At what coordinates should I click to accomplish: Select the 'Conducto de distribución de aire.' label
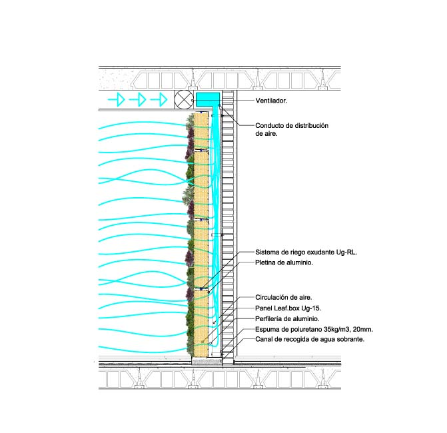292,129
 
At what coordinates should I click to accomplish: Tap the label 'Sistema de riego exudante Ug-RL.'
306,252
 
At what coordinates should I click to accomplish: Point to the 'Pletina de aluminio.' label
284,263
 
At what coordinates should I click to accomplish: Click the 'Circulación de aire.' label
284,297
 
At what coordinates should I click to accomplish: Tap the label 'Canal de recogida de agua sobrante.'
310,340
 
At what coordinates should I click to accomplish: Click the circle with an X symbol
183,100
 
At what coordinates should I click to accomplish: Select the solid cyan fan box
208,99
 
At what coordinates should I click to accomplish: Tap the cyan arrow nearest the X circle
159,100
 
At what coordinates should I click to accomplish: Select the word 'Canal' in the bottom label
264,340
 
